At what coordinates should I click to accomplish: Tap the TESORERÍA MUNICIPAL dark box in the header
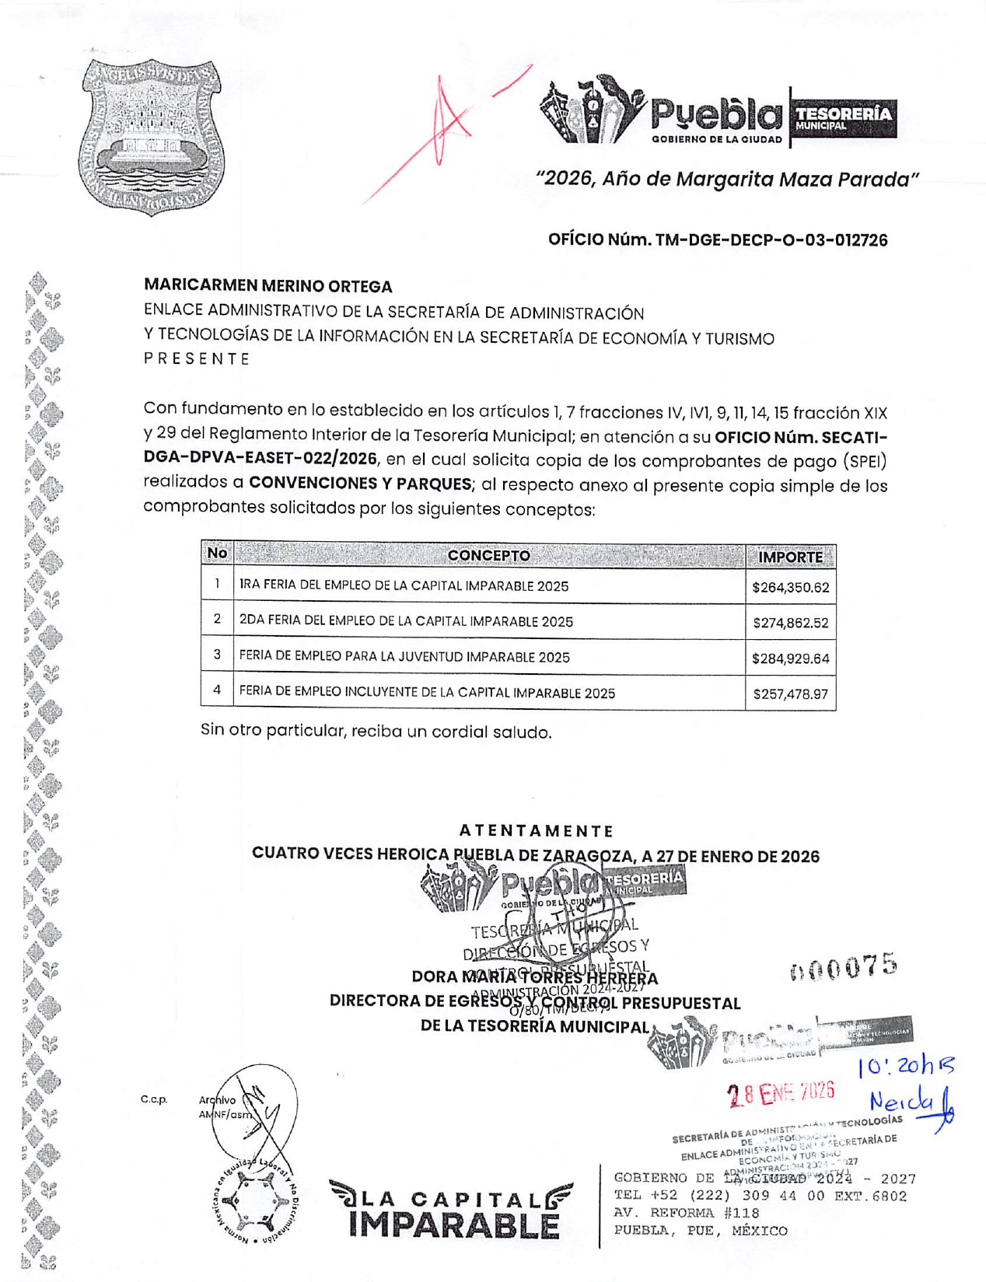(x=843, y=119)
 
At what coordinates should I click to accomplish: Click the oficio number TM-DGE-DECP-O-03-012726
(x=717, y=239)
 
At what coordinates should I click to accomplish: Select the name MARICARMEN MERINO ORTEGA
(x=268, y=286)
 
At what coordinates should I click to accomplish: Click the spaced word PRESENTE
(x=197, y=359)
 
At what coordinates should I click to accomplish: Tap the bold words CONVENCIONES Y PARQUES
(x=360, y=484)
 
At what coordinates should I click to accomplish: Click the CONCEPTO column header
(x=488, y=555)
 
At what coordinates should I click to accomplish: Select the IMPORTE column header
(x=790, y=557)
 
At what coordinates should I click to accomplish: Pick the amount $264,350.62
(x=790, y=588)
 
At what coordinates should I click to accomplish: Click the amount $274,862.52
(x=790, y=623)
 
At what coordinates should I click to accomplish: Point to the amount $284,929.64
(x=790, y=658)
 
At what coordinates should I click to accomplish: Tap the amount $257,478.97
(x=790, y=693)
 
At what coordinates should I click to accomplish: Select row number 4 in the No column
(x=217, y=690)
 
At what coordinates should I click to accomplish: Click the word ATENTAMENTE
(x=536, y=831)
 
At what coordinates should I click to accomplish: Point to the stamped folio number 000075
(x=844, y=966)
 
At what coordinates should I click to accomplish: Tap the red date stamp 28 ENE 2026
(x=781, y=1094)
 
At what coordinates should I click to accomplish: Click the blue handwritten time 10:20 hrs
(x=906, y=1067)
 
